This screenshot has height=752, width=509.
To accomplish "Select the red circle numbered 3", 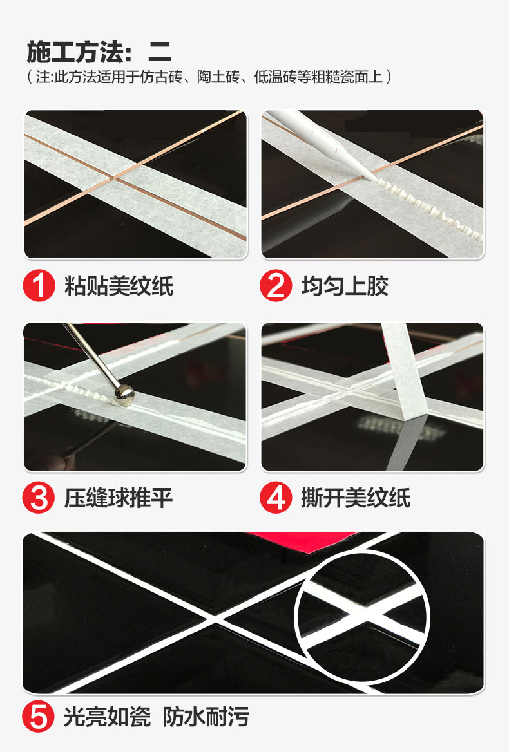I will coord(39,498).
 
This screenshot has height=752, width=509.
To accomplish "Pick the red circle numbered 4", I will coord(276,498).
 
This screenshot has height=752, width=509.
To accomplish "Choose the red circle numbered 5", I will coord(39,717).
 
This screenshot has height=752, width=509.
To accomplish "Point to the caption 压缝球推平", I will coord(119,498).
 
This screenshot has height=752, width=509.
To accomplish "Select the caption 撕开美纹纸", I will coord(356,498).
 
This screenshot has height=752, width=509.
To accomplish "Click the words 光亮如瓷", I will coord(107,717).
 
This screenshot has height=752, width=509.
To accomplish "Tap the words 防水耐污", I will coord(206,717).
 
